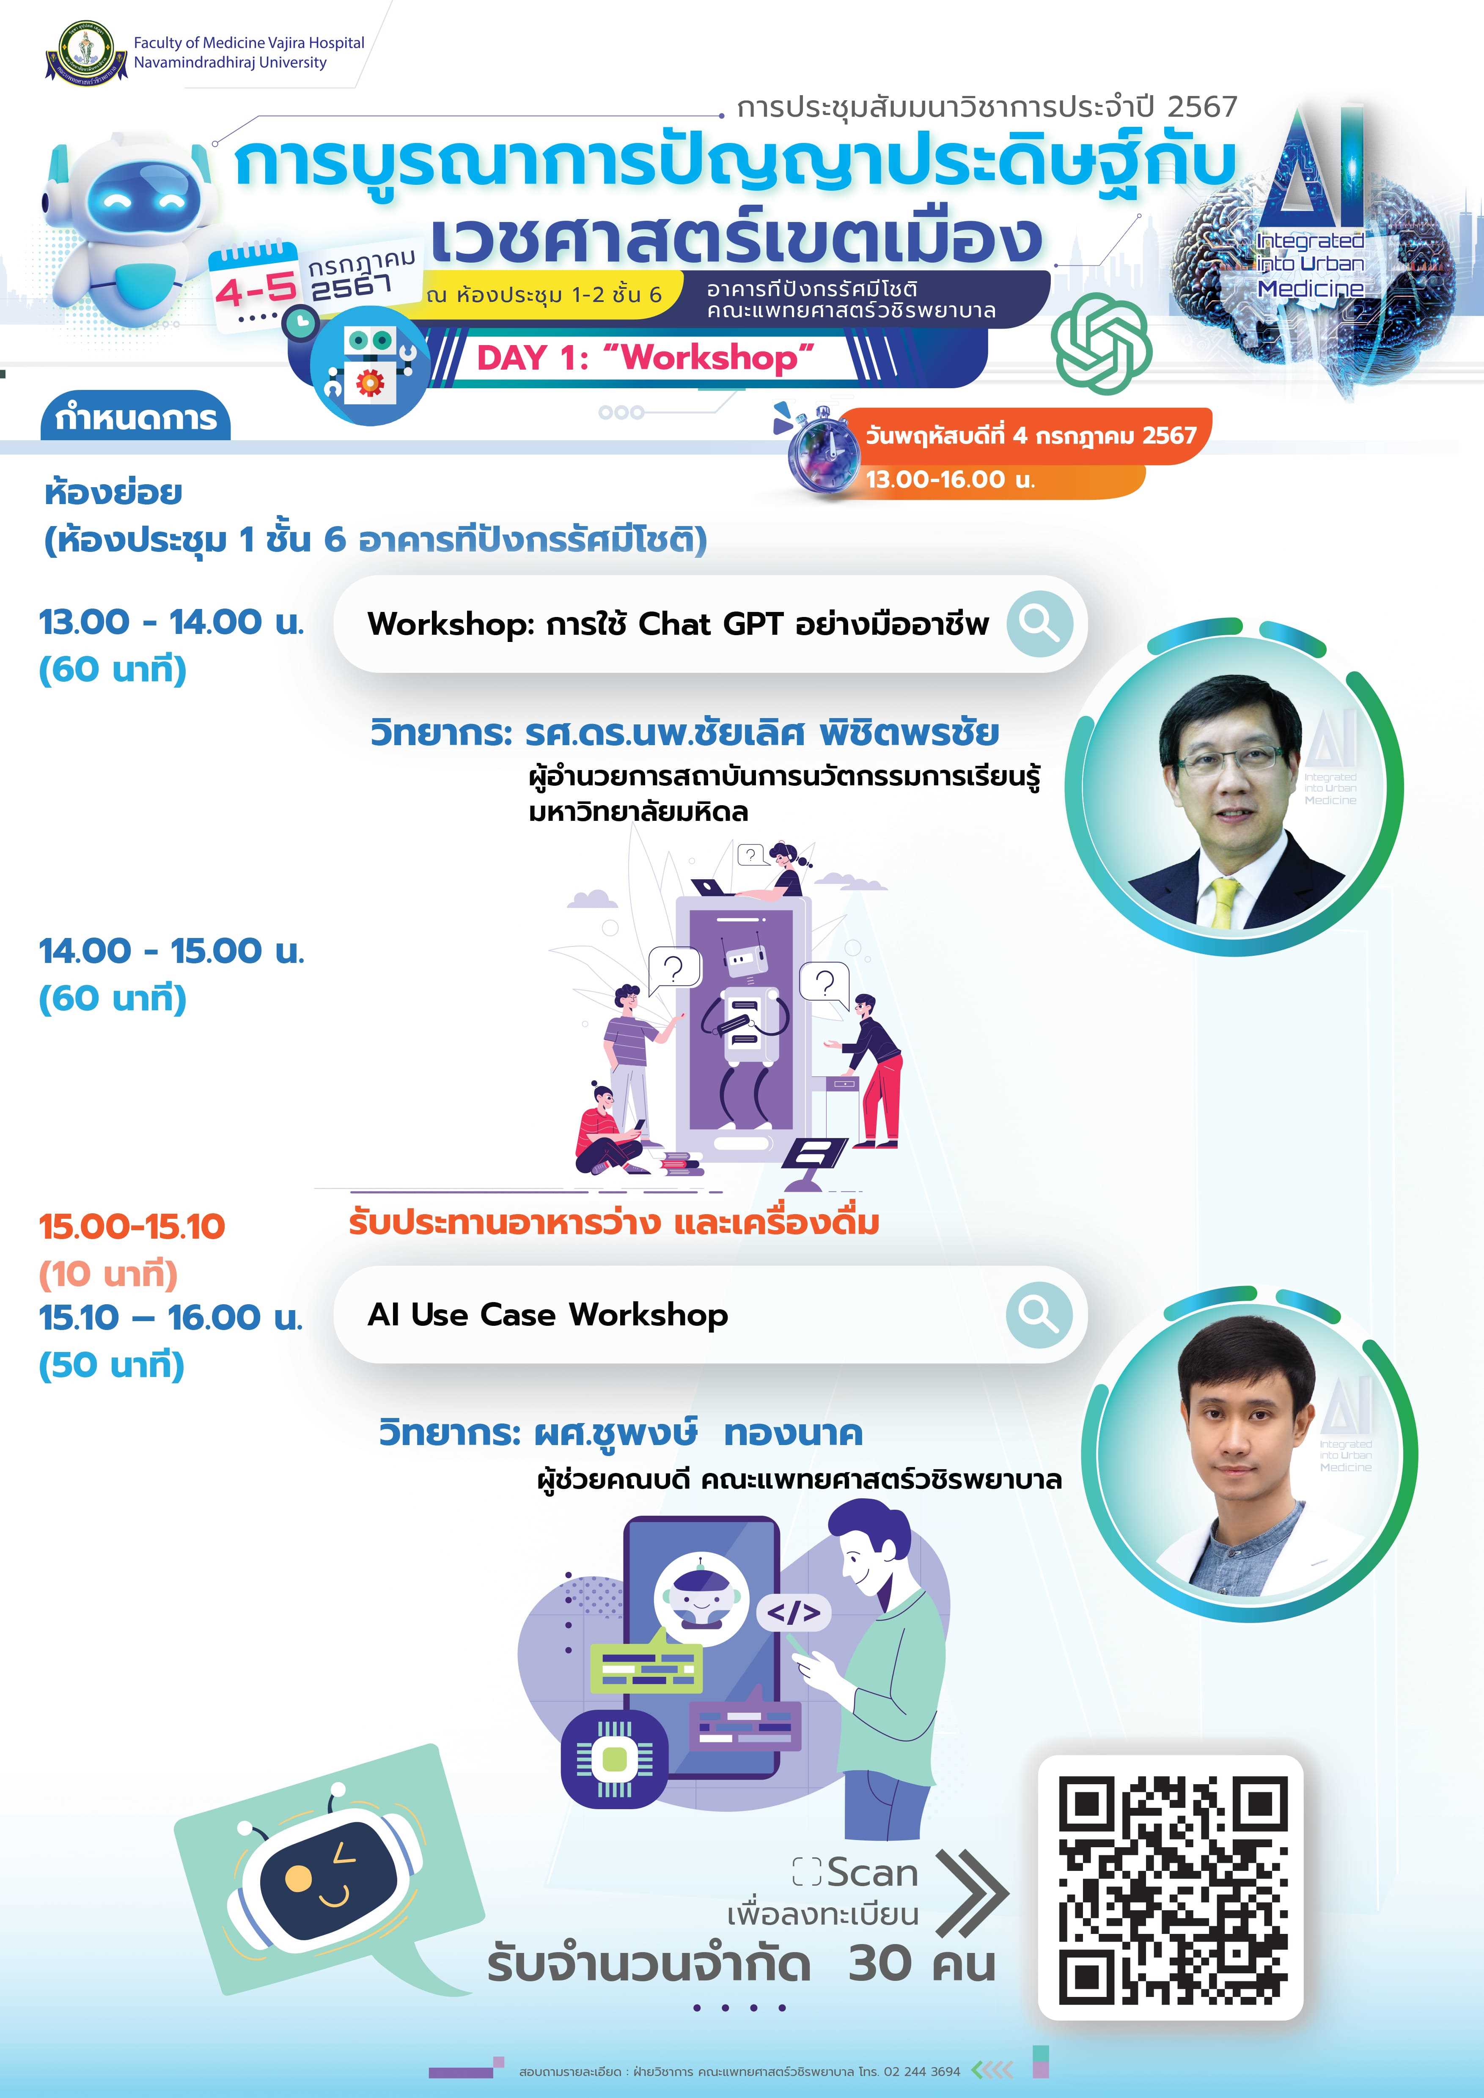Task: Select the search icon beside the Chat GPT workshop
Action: [x=1039, y=624]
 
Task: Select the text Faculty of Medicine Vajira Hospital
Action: [x=249, y=43]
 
